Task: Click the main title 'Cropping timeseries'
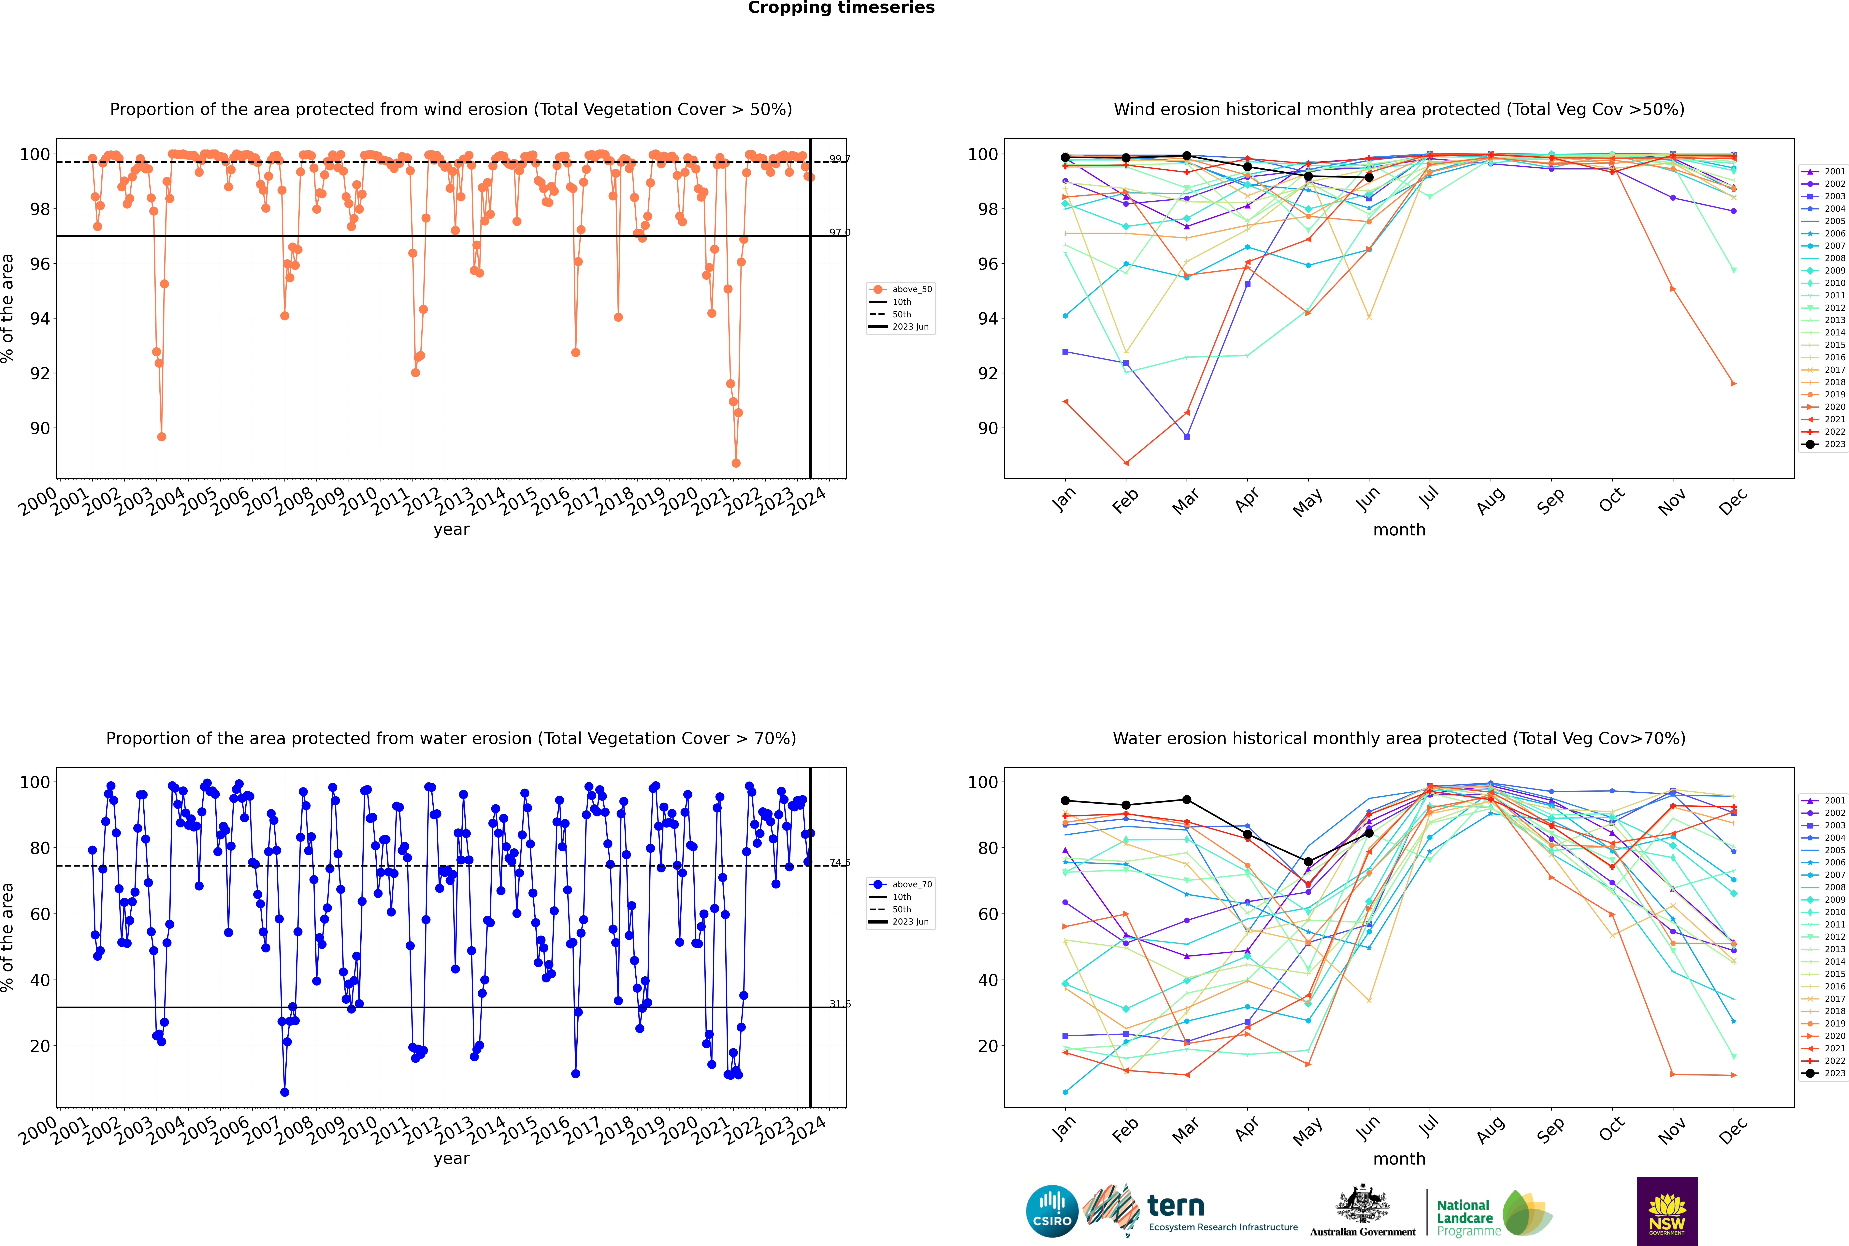(841, 8)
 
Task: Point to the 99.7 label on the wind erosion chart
(839, 159)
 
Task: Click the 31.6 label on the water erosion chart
(839, 1004)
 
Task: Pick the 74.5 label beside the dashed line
(839, 863)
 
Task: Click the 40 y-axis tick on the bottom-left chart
(40, 980)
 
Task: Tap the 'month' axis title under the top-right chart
(1399, 530)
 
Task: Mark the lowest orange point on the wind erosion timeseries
(736, 463)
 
